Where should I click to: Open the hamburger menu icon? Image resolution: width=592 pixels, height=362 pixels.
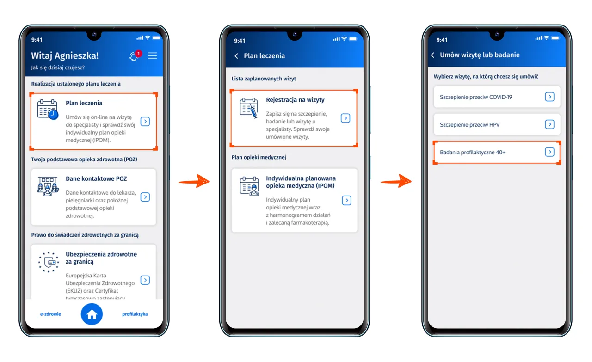[152, 55]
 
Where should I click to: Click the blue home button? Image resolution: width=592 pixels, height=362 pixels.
[92, 314]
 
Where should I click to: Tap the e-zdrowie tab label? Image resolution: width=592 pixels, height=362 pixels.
[50, 314]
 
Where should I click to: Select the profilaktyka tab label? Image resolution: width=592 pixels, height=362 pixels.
[135, 314]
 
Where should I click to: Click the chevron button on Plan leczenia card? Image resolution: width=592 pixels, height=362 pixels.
[145, 122]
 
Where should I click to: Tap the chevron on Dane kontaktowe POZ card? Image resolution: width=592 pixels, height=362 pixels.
[145, 197]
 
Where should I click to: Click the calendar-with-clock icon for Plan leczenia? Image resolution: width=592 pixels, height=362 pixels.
[48, 110]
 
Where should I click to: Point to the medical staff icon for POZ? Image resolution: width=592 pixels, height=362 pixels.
[48, 186]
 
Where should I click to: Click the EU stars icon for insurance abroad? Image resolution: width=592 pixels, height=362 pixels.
[49, 262]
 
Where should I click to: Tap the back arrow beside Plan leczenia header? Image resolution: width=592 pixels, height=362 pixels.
[236, 56]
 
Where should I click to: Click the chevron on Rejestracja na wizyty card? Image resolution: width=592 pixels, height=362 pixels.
[345, 118]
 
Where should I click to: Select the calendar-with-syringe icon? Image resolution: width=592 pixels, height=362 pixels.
[249, 108]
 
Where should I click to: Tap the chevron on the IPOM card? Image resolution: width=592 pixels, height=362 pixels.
[346, 200]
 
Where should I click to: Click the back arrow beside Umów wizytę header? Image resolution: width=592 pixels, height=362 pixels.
[432, 55]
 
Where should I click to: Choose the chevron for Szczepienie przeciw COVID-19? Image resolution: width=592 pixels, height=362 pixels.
[550, 97]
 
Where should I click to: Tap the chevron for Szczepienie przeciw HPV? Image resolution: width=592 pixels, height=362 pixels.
[550, 124]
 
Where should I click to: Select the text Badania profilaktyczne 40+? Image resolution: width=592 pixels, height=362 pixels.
[473, 153]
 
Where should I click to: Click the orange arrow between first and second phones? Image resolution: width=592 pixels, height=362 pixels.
[194, 181]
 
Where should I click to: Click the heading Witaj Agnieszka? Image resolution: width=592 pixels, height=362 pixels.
[65, 56]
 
